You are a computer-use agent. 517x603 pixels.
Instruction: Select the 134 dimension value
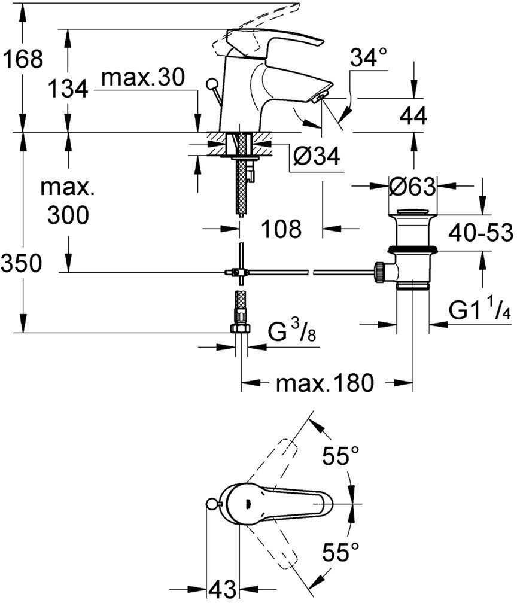point(68,90)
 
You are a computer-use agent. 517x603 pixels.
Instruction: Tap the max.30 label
point(142,77)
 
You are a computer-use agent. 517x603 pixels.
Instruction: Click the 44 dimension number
point(412,116)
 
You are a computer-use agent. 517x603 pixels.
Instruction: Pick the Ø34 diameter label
point(317,157)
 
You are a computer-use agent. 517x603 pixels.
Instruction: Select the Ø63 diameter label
point(412,187)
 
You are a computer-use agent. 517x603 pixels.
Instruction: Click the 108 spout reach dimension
point(282,228)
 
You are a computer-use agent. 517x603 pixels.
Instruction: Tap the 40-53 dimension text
point(482,231)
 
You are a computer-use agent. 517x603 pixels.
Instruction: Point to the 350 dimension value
point(22,263)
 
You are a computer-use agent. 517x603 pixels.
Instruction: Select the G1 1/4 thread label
point(479,312)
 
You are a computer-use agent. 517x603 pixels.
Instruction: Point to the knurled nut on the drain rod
point(379,272)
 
